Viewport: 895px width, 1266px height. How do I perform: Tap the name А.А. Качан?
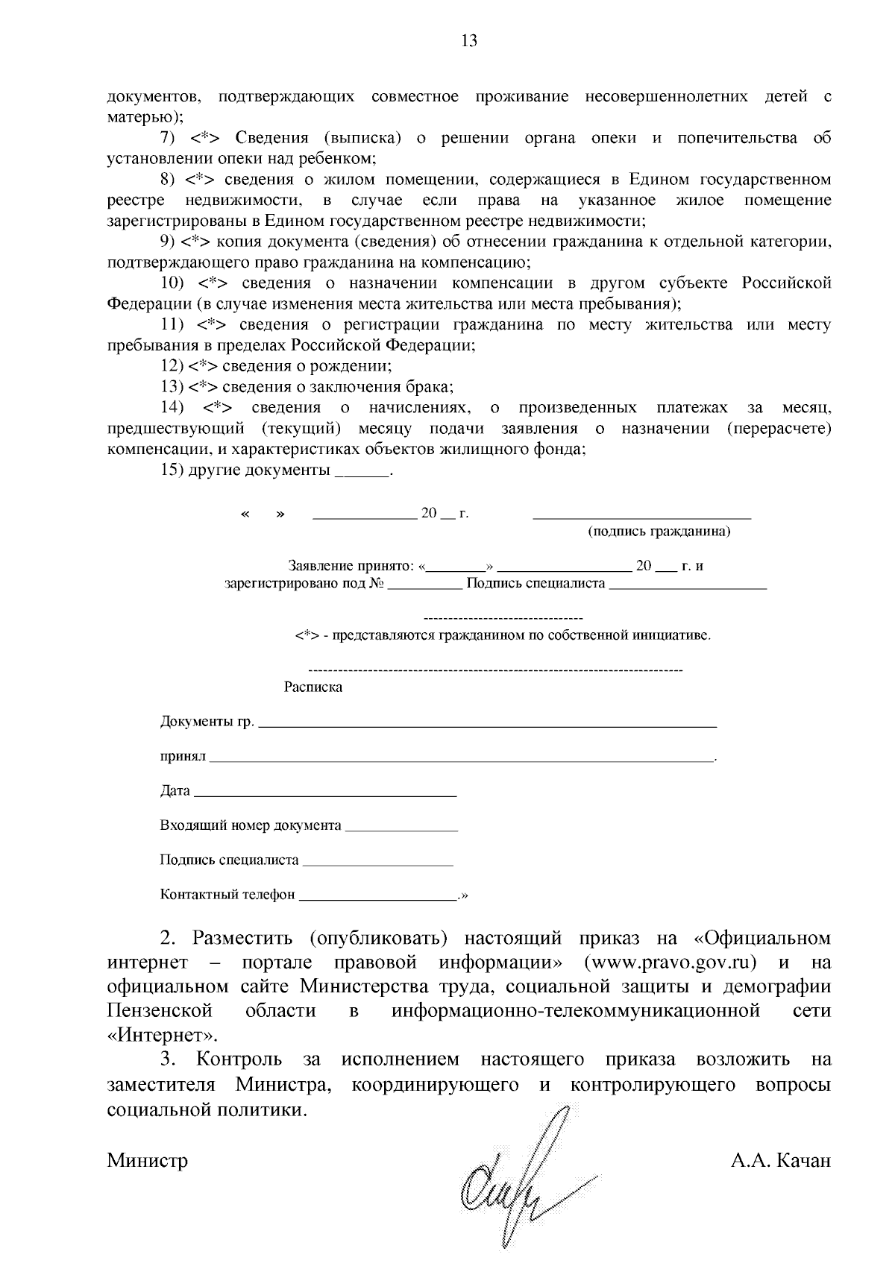click(781, 1160)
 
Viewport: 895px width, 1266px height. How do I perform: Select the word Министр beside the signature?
click(148, 1160)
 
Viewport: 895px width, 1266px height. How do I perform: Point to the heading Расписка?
click(313, 687)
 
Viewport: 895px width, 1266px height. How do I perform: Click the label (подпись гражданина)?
click(659, 532)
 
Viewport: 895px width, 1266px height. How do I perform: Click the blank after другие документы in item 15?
click(362, 473)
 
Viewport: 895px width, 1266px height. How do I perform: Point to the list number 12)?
click(172, 366)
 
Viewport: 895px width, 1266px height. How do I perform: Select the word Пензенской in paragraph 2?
click(160, 1010)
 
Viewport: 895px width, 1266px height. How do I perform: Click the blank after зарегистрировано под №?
click(425, 585)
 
